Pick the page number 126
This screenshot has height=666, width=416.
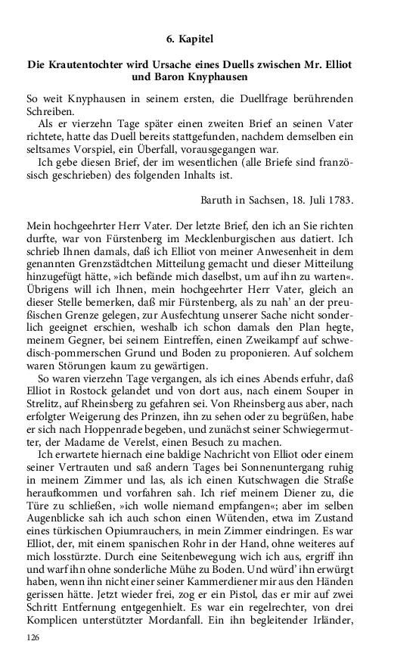[33, 640]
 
